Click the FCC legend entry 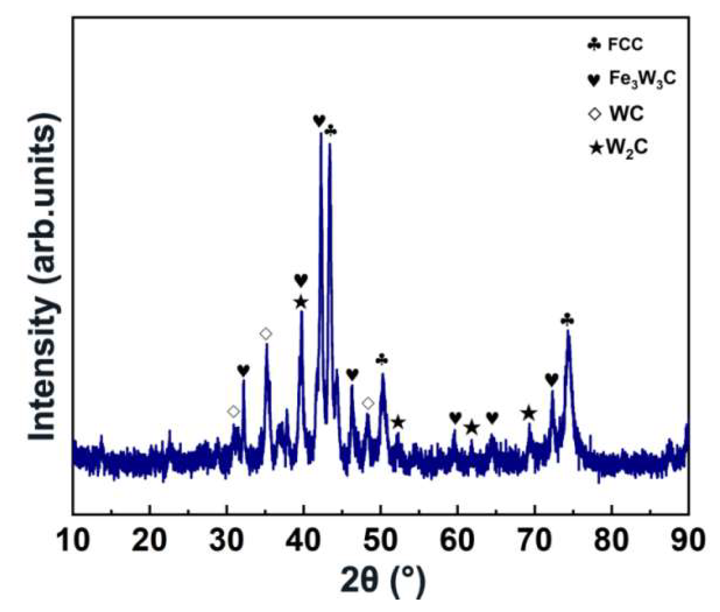tap(616, 45)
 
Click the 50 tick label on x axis tap(381, 541)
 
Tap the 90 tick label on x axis tap(688, 541)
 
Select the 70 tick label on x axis tap(534, 541)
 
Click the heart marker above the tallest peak tap(319, 121)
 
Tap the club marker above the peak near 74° tap(567, 320)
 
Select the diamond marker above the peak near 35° tap(266, 334)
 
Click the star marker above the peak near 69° tap(528, 413)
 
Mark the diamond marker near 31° tap(233, 411)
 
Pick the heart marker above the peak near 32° tap(243, 370)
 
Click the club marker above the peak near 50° tap(382, 359)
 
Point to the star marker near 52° tap(398, 422)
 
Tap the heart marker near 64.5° tap(492, 418)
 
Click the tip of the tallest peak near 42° tap(321, 134)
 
